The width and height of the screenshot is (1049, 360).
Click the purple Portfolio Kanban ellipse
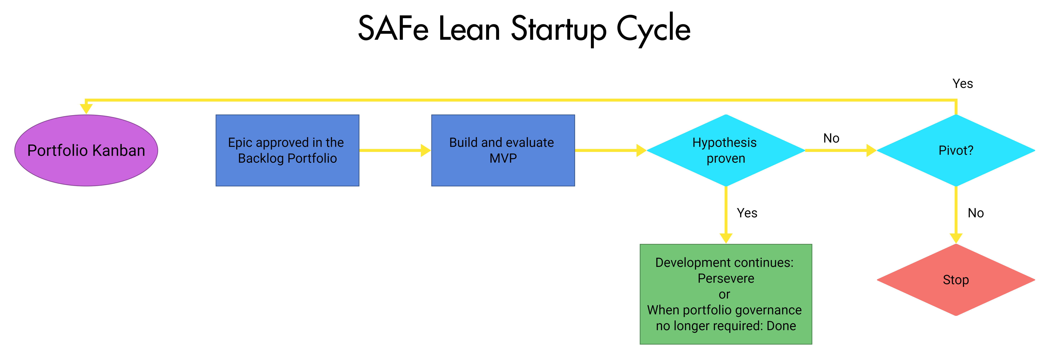tap(86, 150)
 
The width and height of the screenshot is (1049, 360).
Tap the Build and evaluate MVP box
tap(503, 150)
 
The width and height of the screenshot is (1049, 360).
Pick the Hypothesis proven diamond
tap(726, 150)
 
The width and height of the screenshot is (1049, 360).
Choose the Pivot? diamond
tap(956, 150)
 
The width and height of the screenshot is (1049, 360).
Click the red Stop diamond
tap(956, 280)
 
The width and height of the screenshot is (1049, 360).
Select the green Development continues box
tap(726, 294)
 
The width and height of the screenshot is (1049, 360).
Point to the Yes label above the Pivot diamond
tap(963, 83)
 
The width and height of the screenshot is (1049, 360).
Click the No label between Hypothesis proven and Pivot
tap(831, 138)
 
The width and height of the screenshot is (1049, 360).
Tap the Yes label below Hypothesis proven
tap(747, 213)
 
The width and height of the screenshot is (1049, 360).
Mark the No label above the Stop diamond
tap(976, 213)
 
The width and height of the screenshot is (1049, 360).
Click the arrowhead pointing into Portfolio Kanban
tap(86, 109)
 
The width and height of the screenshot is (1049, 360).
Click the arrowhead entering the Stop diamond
tap(956, 238)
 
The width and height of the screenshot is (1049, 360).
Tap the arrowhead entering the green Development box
tap(726, 238)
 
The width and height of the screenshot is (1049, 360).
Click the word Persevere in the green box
tap(726, 279)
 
